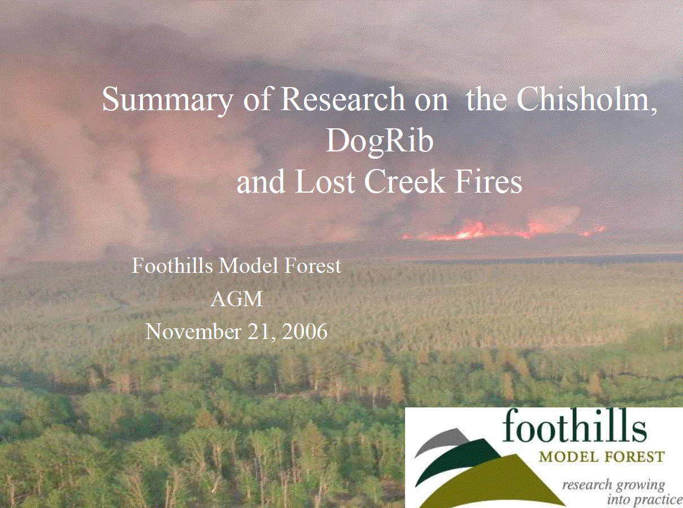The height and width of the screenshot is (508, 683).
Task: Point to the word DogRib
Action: (x=379, y=142)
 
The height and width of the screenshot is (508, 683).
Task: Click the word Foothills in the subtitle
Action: (x=172, y=265)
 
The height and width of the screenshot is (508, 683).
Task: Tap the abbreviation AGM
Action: (x=237, y=299)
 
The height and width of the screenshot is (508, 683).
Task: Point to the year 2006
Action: (x=304, y=331)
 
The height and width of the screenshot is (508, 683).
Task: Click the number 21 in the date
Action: (x=260, y=331)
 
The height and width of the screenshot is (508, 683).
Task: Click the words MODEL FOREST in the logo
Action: (x=602, y=456)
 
